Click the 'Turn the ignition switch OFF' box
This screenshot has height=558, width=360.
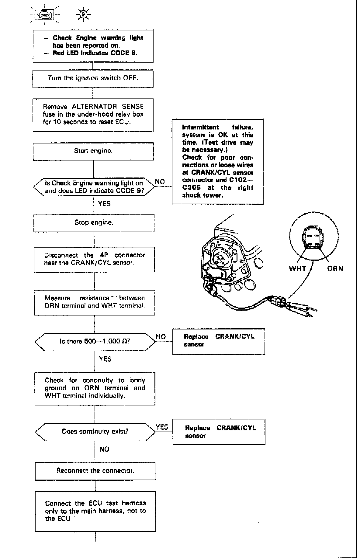pyautogui.click(x=93, y=78)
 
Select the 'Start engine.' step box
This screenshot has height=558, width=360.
pyautogui.click(x=93, y=151)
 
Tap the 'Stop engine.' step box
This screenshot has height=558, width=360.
pyautogui.click(x=94, y=223)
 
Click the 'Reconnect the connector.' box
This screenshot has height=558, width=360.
pyautogui.click(x=95, y=471)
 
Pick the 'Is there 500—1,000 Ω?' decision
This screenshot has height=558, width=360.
pyautogui.click(x=95, y=341)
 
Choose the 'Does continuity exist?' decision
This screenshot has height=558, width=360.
pyautogui.click(x=95, y=432)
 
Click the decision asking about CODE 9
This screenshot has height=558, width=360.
pyautogui.click(x=94, y=187)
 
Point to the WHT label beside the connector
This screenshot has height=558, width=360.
pyautogui.click(x=297, y=269)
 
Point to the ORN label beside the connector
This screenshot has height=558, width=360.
pyautogui.click(x=335, y=269)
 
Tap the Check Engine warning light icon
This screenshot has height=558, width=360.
pyautogui.click(x=44, y=15)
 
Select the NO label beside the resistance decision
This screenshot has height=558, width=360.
pyautogui.click(x=161, y=337)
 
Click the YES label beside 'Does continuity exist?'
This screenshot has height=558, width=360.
pyautogui.click(x=162, y=427)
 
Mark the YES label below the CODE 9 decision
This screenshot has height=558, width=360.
pyautogui.click(x=104, y=204)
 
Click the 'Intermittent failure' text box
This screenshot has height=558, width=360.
pyautogui.click(x=218, y=161)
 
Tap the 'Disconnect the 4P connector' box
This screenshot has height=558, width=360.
pyautogui.click(x=94, y=259)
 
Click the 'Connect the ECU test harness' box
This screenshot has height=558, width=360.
pyautogui.click(x=95, y=511)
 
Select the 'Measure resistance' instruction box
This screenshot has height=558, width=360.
pyautogui.click(x=95, y=302)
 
